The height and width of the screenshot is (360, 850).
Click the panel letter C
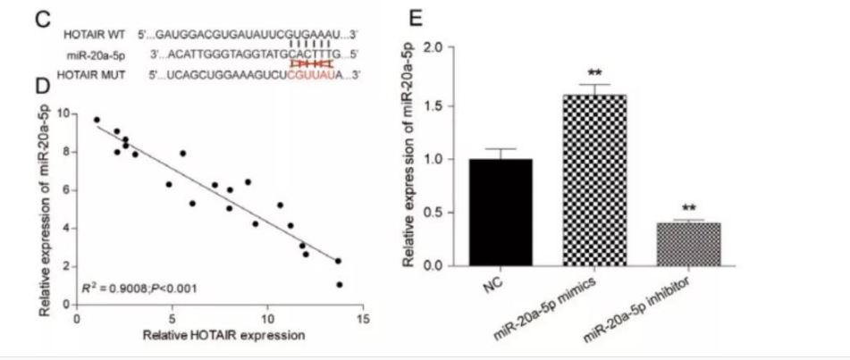click(x=41, y=19)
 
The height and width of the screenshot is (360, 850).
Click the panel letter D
click(x=40, y=88)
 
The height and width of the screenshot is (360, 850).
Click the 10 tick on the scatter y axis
click(x=63, y=113)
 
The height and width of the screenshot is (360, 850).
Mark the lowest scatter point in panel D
click(x=340, y=284)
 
